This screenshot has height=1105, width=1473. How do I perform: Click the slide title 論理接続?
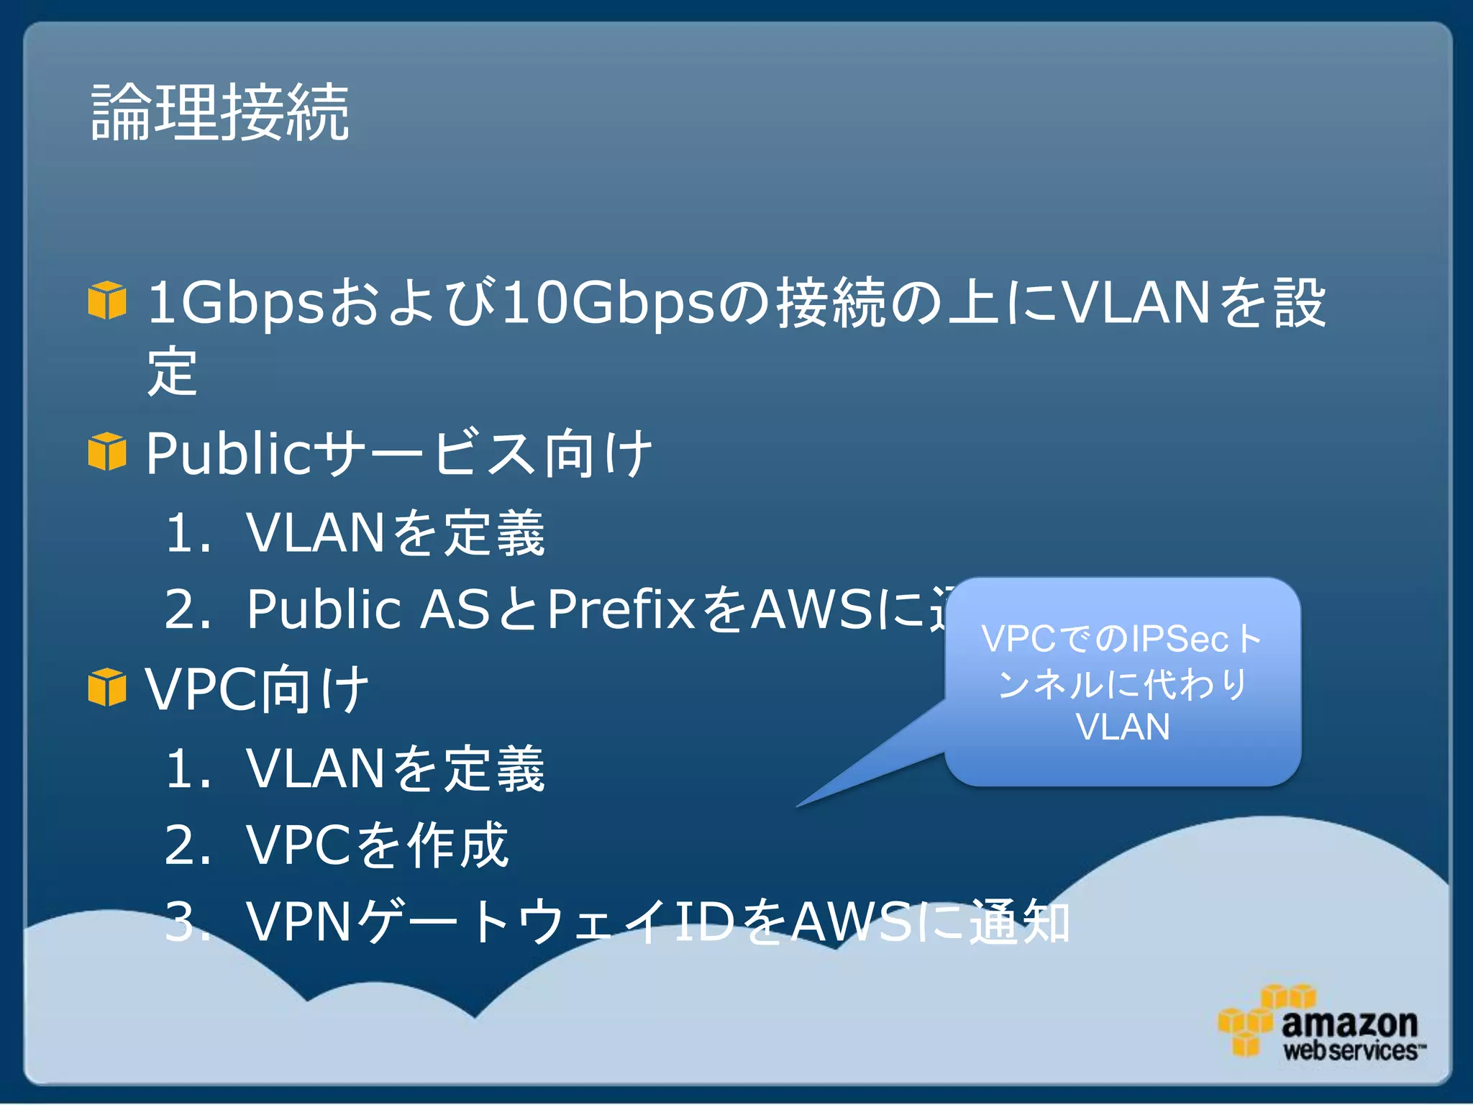(x=220, y=112)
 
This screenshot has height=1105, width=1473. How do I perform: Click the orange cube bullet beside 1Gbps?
(x=107, y=301)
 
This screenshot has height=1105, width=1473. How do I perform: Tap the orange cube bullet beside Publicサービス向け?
(x=107, y=452)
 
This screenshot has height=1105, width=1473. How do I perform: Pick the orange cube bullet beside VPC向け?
(x=107, y=687)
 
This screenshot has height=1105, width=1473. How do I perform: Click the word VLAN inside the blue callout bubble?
(x=1123, y=727)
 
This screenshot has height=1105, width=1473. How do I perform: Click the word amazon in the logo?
(x=1349, y=1023)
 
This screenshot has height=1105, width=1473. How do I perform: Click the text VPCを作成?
(x=377, y=845)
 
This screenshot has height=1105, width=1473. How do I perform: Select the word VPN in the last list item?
(x=299, y=922)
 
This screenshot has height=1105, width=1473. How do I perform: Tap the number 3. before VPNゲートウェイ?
(x=186, y=922)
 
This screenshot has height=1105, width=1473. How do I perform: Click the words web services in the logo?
(x=1351, y=1051)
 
